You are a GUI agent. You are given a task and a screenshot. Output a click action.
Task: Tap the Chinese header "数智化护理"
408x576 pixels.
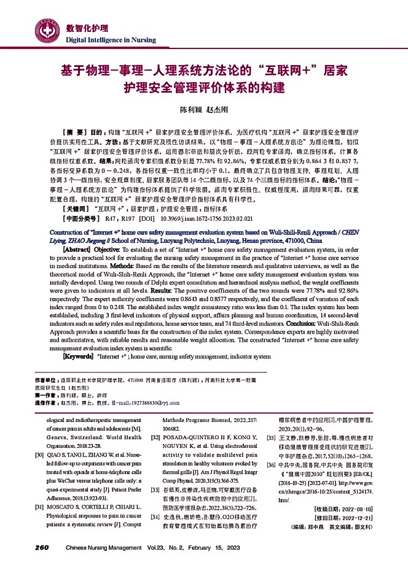coord(87,28)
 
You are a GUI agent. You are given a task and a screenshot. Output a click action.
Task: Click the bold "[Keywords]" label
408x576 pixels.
coord(81,356)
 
